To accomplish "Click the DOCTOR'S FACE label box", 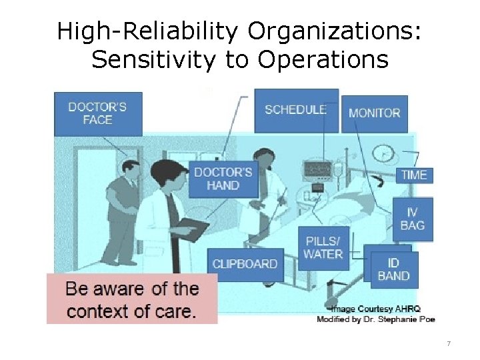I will [98, 113].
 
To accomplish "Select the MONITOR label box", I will [374, 113].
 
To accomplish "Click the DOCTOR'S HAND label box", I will [223, 179].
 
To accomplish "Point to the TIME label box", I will [414, 175].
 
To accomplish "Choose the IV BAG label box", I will [413, 219].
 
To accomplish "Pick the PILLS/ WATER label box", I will [323, 248].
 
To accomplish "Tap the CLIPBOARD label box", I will [245, 264].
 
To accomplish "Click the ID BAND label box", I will [393, 269].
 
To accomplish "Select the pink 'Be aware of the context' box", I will [132, 299].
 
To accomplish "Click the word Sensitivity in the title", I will [153, 60].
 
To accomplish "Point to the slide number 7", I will [449, 344].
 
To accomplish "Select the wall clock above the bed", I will [383, 154].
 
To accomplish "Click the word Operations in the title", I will [323, 60].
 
